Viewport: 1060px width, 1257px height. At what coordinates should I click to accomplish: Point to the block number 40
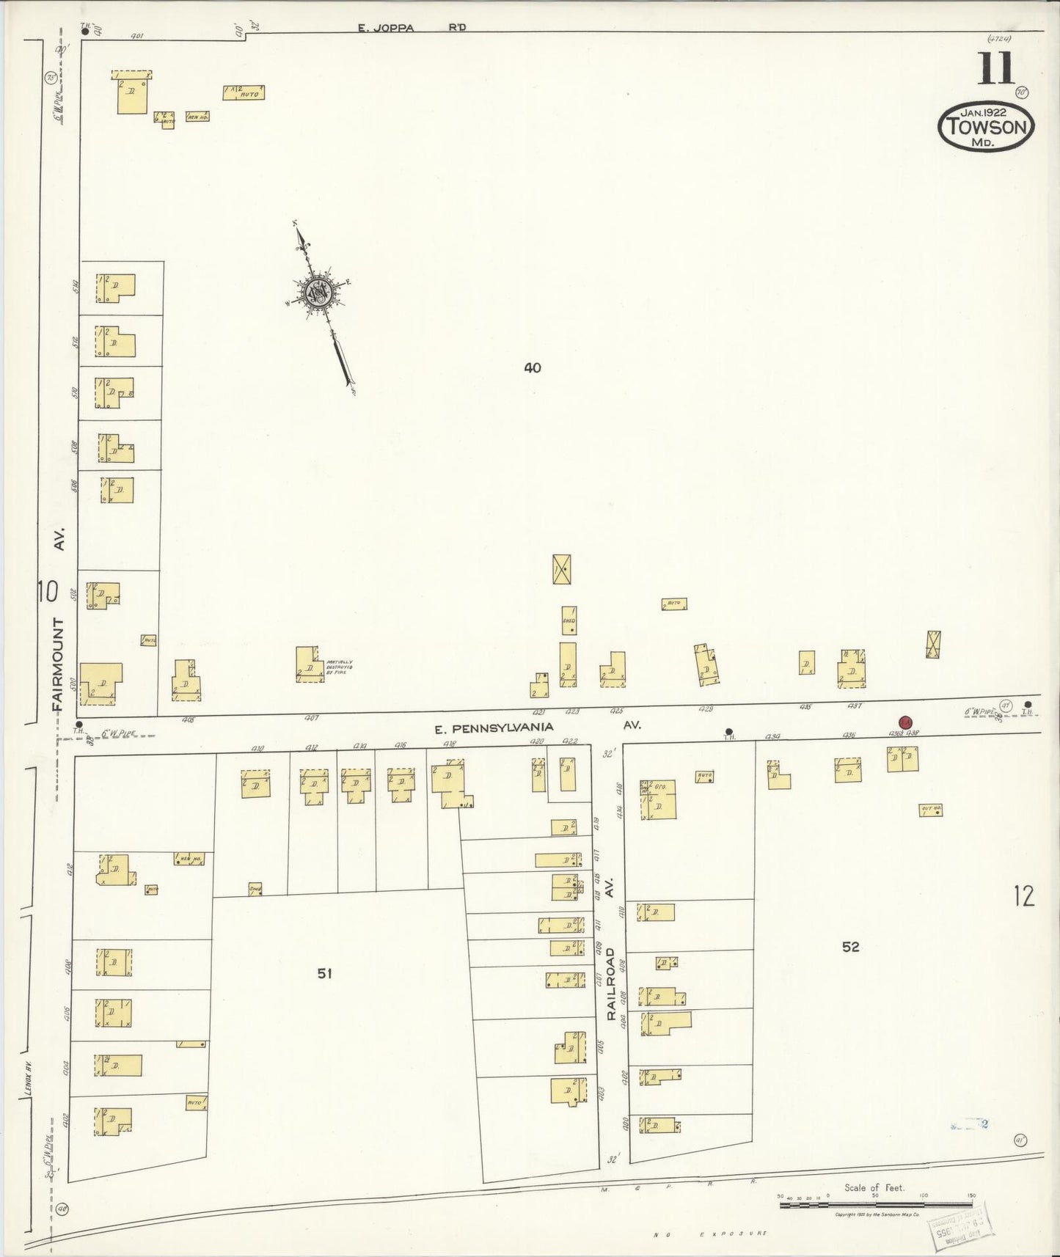[533, 367]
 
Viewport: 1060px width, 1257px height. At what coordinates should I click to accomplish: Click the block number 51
[325, 973]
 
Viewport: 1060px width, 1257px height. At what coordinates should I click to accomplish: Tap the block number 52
[850, 947]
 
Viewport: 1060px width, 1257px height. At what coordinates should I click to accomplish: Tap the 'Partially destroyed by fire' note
[339, 667]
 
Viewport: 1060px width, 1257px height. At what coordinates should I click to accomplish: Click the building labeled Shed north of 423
[569, 620]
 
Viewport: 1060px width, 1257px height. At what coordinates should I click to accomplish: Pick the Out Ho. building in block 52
[930, 810]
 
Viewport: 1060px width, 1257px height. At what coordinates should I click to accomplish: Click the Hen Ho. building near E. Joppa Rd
[197, 116]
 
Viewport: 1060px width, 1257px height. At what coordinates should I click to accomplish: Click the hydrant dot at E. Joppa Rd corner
[85, 32]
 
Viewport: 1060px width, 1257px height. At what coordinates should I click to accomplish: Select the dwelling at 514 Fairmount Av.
[116, 288]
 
